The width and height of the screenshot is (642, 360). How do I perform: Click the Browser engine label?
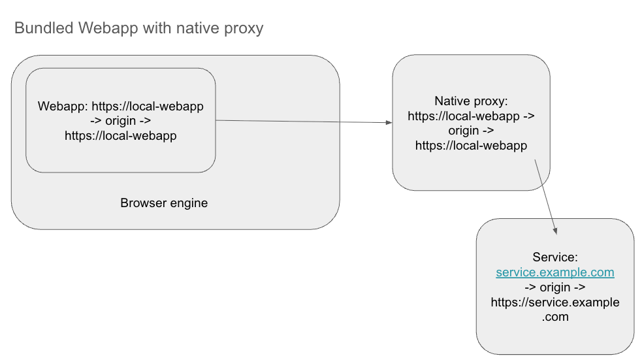click(x=164, y=203)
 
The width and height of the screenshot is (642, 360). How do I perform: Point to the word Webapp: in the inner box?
click(x=63, y=106)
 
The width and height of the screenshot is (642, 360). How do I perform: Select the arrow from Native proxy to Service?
click(x=546, y=196)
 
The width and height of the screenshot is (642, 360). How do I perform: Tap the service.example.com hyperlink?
click(x=554, y=272)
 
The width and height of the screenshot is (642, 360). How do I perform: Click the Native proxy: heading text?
click(x=471, y=101)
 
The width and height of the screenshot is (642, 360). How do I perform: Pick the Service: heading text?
click(x=555, y=257)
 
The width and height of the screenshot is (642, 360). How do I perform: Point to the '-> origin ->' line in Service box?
click(x=554, y=287)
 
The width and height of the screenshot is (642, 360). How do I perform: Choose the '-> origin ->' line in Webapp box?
click(x=120, y=121)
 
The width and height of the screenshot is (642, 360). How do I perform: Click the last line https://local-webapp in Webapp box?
click(x=120, y=136)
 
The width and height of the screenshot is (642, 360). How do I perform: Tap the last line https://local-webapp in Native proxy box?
click(x=471, y=146)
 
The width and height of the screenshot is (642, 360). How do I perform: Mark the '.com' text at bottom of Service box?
click(x=554, y=318)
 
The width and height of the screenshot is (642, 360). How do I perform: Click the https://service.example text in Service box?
click(x=554, y=303)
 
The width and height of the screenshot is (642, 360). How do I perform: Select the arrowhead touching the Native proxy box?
click(x=388, y=122)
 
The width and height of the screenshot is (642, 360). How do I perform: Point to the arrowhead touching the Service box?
click(x=556, y=231)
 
